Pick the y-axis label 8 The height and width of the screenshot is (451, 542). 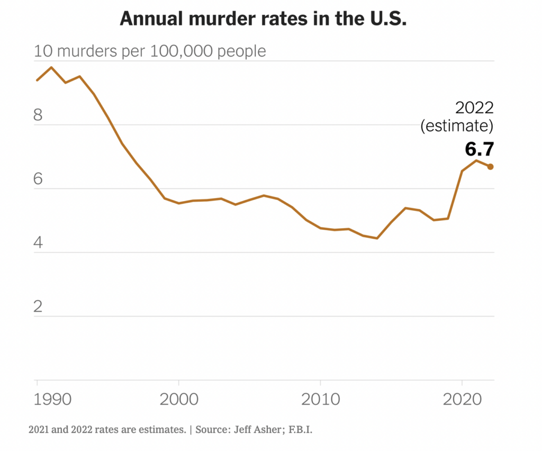(38, 115)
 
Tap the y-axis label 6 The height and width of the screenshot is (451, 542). (38, 179)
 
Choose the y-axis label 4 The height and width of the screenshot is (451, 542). (38, 243)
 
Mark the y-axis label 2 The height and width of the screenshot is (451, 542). (38, 307)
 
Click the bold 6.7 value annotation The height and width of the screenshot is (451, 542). (479, 149)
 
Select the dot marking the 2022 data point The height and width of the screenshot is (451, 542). (491, 167)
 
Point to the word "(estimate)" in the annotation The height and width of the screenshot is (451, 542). (456, 127)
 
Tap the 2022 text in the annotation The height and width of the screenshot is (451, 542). (474, 108)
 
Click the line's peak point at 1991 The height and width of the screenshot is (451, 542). (51, 67)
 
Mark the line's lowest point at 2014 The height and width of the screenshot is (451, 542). (377, 238)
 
